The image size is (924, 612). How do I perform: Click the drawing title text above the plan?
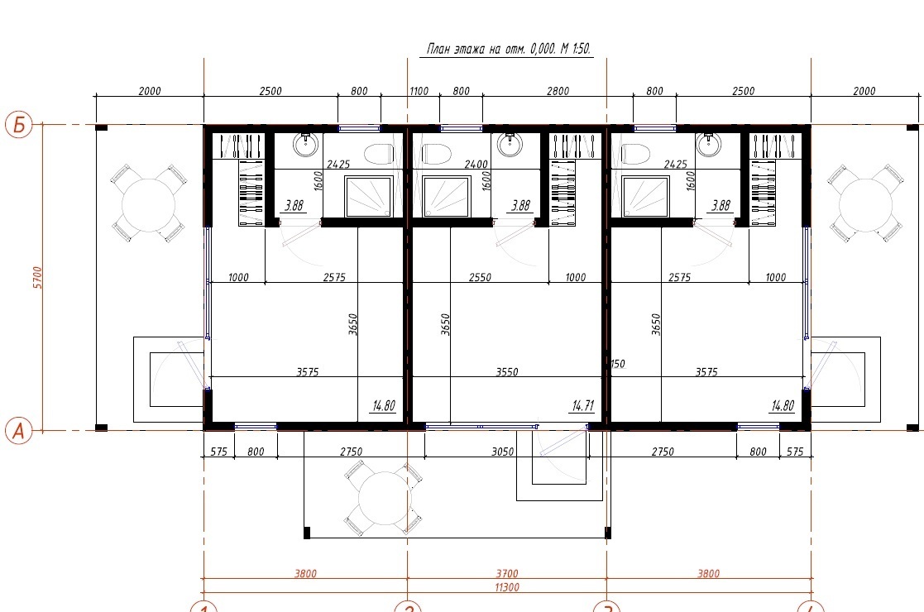(509, 48)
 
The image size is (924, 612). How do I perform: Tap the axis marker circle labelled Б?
(19, 125)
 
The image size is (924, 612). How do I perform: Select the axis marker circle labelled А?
(19, 431)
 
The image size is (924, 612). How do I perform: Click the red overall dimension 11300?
(507, 587)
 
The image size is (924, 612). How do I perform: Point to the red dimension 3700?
(507, 573)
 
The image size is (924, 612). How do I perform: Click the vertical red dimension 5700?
(38, 277)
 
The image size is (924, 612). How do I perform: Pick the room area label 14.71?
(583, 406)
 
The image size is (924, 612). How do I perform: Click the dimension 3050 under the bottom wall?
(503, 452)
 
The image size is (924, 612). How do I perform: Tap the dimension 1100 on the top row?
(419, 91)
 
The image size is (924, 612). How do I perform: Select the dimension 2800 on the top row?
(558, 91)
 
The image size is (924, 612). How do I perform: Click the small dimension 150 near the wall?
(617, 364)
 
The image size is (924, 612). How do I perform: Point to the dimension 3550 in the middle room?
(507, 371)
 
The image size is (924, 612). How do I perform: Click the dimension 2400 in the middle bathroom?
(476, 165)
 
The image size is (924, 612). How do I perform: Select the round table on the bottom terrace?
(385, 498)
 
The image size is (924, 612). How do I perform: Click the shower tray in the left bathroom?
(369, 196)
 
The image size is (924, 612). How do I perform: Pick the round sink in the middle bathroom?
(510, 145)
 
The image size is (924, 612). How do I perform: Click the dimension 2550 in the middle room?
(480, 277)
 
